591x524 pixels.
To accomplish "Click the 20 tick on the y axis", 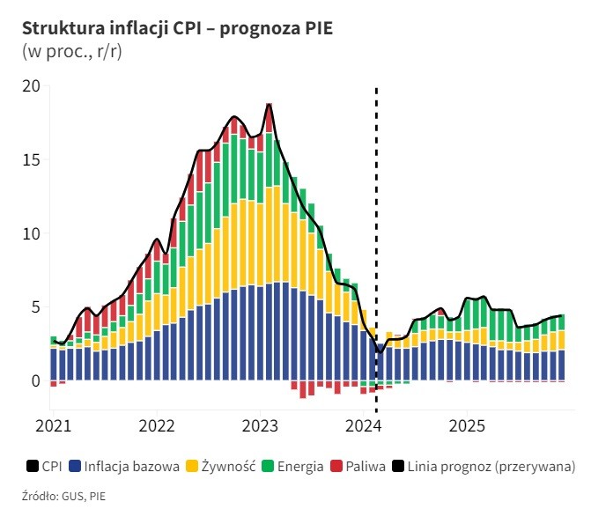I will [x=32, y=86].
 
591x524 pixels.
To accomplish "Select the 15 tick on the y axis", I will [x=32, y=160].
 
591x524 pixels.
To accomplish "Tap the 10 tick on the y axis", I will [x=32, y=234].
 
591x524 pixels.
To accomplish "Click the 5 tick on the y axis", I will [x=35, y=307].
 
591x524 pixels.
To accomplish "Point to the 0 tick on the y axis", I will [x=35, y=381].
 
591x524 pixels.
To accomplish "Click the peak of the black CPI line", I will [x=270, y=104].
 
